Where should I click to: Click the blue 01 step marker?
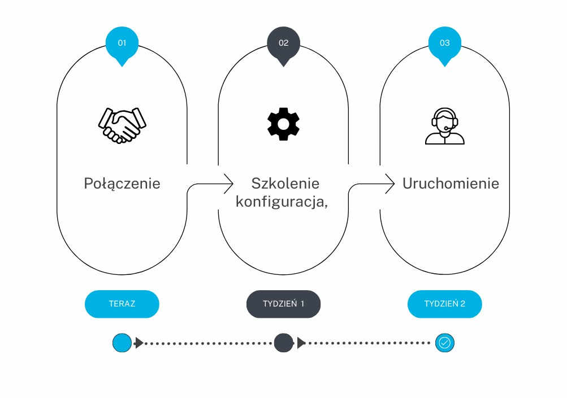click(x=122, y=43)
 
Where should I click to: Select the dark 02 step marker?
click(x=283, y=43)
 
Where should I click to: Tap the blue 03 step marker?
click(x=445, y=43)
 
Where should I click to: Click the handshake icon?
click(x=122, y=125)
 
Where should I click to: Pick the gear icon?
click(x=283, y=124)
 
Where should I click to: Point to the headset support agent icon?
click(x=445, y=126)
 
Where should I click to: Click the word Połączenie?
click(x=122, y=183)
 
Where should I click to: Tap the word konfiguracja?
click(x=281, y=202)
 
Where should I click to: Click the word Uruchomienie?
click(x=451, y=183)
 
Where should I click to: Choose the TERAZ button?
click(x=122, y=304)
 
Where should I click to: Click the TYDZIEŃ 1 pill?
click(x=283, y=304)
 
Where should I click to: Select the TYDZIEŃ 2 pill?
click(x=445, y=304)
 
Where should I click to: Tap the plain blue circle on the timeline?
click(x=122, y=342)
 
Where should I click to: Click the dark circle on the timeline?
click(x=283, y=342)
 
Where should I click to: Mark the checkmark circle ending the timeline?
click(x=445, y=342)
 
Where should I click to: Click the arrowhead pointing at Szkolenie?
click(x=229, y=182)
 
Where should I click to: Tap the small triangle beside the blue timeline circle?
click(x=138, y=342)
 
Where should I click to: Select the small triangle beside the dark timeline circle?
click(x=301, y=342)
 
